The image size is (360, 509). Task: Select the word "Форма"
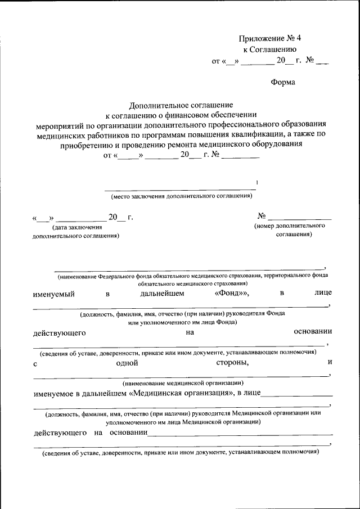[283, 82]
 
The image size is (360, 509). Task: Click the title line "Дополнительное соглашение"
[181, 105]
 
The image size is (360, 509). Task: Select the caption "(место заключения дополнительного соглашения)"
[181, 196]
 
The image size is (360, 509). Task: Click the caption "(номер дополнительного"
[290, 225]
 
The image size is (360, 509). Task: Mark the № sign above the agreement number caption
[261, 216]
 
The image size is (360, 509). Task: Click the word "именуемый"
[53, 294]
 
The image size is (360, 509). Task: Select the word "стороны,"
[232, 363]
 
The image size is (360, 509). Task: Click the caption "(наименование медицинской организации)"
[183, 382]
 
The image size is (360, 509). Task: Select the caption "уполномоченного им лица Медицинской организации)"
[182, 421]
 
